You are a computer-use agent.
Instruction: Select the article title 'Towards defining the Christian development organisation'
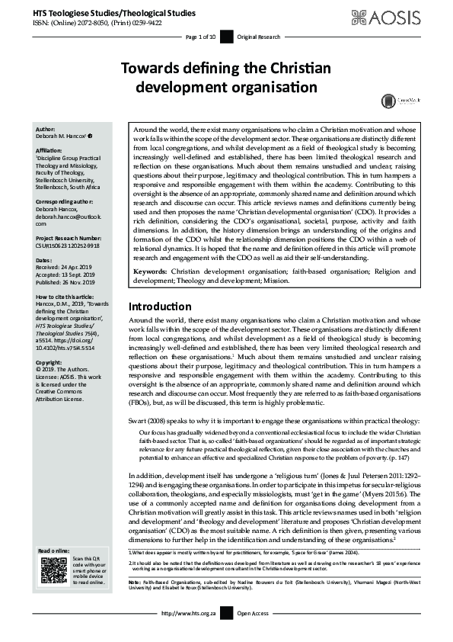tap(226, 78)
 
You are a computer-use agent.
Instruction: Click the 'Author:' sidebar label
tap(47, 130)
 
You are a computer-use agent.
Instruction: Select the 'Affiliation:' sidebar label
tap(51, 151)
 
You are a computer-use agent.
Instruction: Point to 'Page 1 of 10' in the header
tap(201, 37)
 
